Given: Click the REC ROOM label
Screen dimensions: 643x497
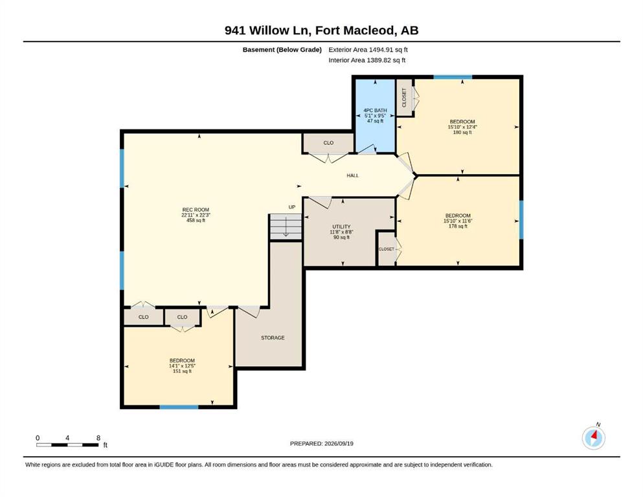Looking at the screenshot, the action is tap(196, 210).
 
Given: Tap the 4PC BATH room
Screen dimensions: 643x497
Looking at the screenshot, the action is tap(375, 116).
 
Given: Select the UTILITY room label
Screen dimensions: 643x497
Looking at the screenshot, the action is tap(341, 226).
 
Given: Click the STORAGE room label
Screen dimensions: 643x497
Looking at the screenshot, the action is tap(273, 338).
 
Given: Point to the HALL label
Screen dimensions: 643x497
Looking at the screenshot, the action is tap(353, 175).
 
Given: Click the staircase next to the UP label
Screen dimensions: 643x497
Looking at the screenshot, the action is tap(286, 227).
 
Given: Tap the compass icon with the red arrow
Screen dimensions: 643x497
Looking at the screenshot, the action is tap(593, 438).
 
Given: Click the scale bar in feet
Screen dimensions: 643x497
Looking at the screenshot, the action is tap(67, 445).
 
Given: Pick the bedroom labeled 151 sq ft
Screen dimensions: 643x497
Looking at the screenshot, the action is tap(179, 366).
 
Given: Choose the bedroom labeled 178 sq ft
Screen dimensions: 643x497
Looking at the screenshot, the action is tap(458, 221).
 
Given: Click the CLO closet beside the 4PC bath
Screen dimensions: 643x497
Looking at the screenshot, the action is tap(328, 143).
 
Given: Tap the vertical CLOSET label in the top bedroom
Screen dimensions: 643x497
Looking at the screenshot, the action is tap(404, 98).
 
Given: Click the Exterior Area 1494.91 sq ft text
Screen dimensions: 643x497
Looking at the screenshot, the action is tap(368, 50).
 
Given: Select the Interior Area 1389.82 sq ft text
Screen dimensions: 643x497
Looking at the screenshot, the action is tap(367, 60).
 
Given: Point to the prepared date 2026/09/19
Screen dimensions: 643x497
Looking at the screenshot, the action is tap(321, 443).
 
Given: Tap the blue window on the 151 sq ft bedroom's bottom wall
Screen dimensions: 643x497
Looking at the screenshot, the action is tap(179, 407).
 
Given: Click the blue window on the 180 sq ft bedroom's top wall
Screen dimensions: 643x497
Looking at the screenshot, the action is tap(453, 77).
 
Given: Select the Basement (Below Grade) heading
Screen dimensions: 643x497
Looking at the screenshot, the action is tap(282, 50).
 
